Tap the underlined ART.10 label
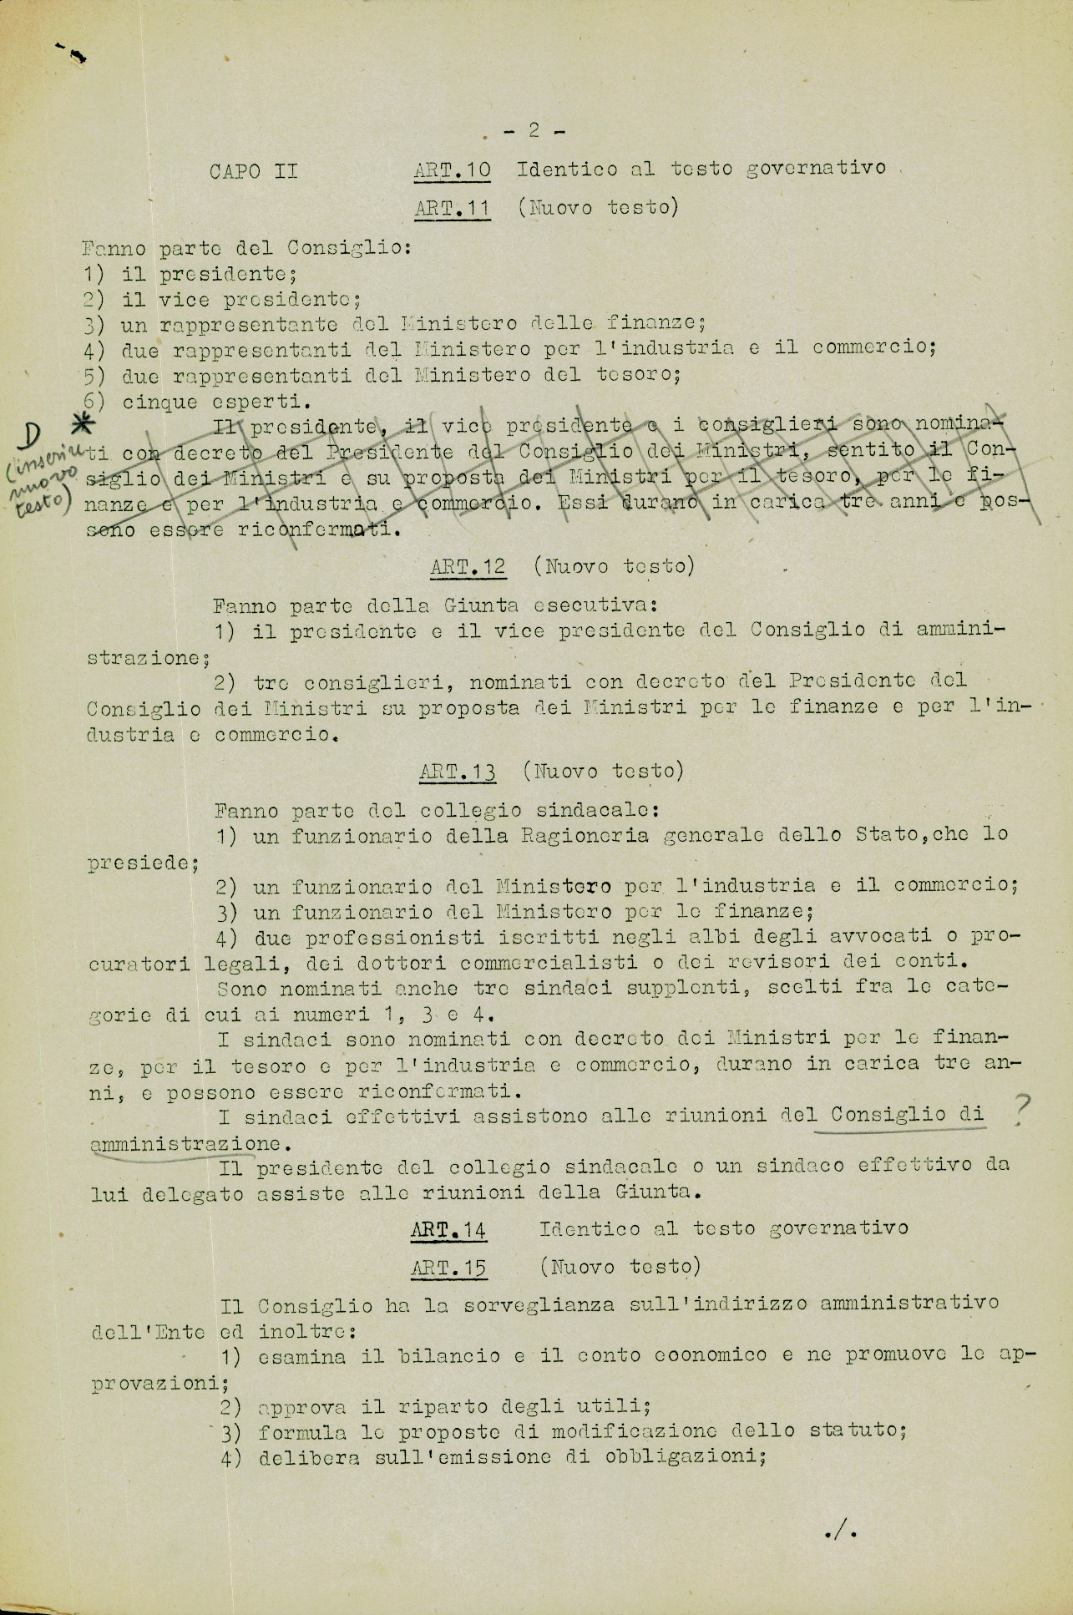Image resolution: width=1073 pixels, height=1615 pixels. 452,170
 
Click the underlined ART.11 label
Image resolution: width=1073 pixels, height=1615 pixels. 452,208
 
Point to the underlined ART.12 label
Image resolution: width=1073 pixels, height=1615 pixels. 468,566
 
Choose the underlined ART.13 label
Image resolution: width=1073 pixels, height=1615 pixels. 457,772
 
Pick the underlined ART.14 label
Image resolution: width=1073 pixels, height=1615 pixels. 449,1228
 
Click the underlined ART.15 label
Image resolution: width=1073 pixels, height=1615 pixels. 448,1268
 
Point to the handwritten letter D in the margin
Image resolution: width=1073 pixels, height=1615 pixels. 33,434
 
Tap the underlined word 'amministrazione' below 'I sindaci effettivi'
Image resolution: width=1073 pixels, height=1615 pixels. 185,1142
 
